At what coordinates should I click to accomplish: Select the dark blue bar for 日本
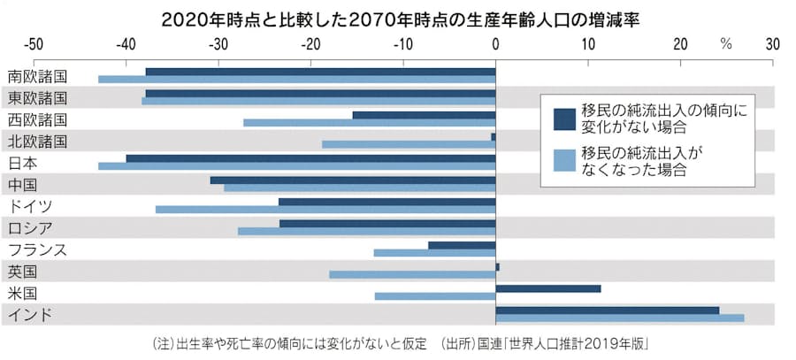[x=310, y=158]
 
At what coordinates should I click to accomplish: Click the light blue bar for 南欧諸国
[x=296, y=79]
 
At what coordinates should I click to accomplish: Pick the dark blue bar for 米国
[x=548, y=288]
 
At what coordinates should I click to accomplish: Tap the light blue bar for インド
[x=619, y=318]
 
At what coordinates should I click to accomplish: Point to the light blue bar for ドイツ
[x=325, y=210]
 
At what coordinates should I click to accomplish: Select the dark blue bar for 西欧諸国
[x=424, y=115]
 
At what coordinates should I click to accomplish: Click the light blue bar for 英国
[x=412, y=274]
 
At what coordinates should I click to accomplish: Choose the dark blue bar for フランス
[x=462, y=245]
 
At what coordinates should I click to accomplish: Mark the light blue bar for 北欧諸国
[x=409, y=143]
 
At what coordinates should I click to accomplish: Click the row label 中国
[x=22, y=185]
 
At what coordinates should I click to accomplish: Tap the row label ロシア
[x=29, y=228]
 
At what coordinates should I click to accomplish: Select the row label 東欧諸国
[x=36, y=97]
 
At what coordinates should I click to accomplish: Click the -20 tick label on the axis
[x=310, y=43]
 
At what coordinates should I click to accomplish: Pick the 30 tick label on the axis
[x=773, y=43]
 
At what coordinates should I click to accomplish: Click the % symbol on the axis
[x=726, y=43]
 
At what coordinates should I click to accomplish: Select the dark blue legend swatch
[x=564, y=119]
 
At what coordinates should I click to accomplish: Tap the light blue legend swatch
[x=564, y=160]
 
